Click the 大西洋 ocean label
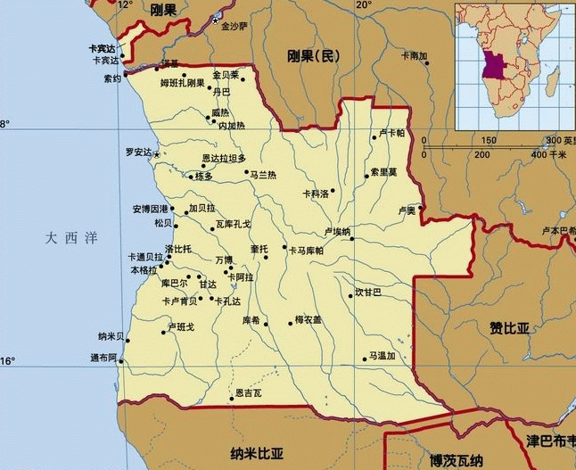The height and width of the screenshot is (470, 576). coord(72,237)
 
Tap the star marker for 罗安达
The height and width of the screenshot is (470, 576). coord(157,155)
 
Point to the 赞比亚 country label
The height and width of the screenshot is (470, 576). coord(509,328)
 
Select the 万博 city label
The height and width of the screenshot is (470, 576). coord(223,260)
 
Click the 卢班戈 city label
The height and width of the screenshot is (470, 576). coord(181,327)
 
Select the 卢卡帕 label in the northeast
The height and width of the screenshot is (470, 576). coord(391,133)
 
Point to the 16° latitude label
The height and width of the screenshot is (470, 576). coord(8,361)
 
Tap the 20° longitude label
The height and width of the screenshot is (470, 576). coord(364,5)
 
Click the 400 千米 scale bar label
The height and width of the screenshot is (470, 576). coord(549,154)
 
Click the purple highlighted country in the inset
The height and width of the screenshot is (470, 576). coord(492,66)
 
